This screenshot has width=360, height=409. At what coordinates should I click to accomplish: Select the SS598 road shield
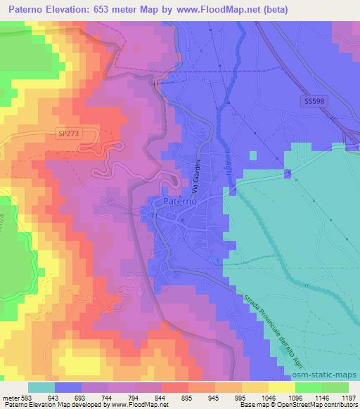click(x=316, y=103)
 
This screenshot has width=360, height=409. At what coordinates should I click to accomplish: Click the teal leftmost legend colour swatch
click(x=41, y=387)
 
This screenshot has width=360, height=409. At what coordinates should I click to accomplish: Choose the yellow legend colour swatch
click(x=283, y=387)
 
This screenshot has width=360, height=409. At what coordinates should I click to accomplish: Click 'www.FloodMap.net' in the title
click(x=217, y=11)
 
